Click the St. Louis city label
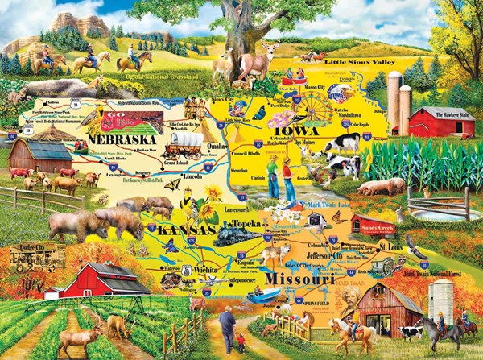pos(390,246)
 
